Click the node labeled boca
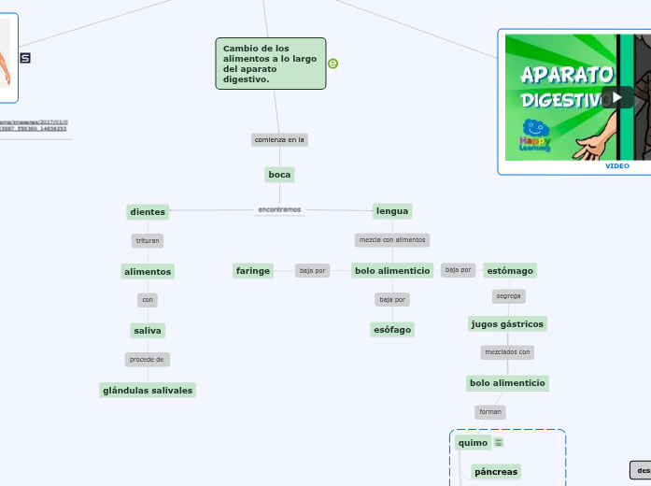(x=279, y=175)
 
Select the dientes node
(x=148, y=212)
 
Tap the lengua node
(x=392, y=211)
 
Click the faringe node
(x=253, y=271)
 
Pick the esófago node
(x=392, y=329)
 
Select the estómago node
(x=510, y=271)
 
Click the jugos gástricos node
(x=507, y=323)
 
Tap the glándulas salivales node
(x=148, y=390)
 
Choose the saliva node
(x=148, y=331)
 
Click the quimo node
(x=472, y=443)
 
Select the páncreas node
(x=496, y=472)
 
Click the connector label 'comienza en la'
(x=279, y=140)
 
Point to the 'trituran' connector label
(x=148, y=241)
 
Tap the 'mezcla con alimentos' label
(x=392, y=240)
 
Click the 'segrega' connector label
(x=508, y=296)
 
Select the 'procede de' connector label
(x=148, y=360)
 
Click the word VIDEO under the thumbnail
(x=616, y=166)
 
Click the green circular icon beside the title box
(x=333, y=64)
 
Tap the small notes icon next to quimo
(x=499, y=443)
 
